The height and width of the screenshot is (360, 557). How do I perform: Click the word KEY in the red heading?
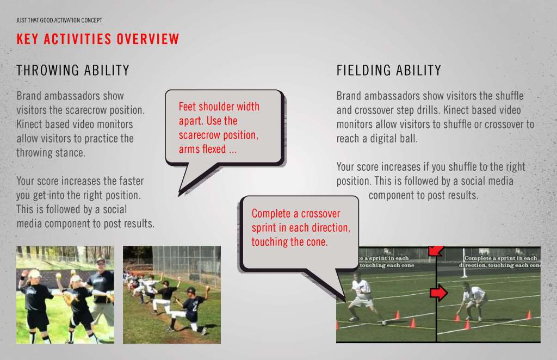[x=27, y=39]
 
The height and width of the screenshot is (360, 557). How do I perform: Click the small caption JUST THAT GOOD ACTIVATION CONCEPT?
[x=59, y=20]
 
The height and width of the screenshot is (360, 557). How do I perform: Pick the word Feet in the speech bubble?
[x=187, y=107]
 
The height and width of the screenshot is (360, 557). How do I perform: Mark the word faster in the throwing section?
[x=132, y=181]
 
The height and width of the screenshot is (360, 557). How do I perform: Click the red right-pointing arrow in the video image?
[x=439, y=293]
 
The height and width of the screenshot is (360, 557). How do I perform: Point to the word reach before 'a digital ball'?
[x=348, y=139]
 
